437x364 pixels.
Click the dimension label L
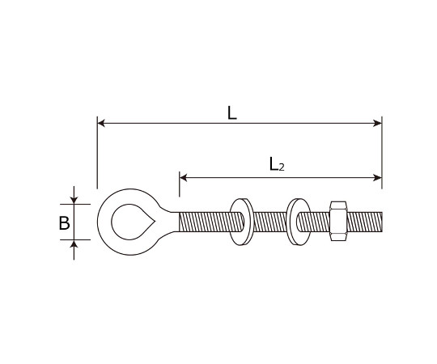232,112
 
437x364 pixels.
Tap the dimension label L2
277,164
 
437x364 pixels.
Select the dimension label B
65,223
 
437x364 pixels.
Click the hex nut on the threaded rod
338,222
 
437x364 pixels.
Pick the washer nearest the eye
241,222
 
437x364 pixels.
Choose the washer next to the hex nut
299,222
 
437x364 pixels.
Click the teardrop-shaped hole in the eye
133,222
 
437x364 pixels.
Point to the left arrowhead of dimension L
101,123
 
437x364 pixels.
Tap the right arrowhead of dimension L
378,123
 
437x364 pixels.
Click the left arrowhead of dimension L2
183,177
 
